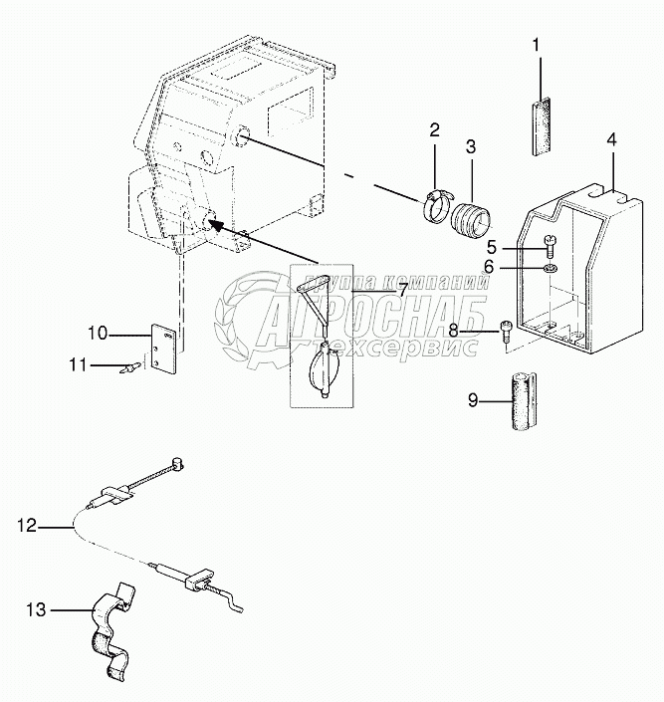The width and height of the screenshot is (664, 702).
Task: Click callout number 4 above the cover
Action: coord(613,139)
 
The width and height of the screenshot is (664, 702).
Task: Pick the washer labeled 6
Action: coord(551,266)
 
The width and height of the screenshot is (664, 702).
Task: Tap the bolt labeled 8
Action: coord(506,328)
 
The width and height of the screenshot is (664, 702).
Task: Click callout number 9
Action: coord(473,400)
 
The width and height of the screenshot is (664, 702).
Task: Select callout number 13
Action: coord(36,608)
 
